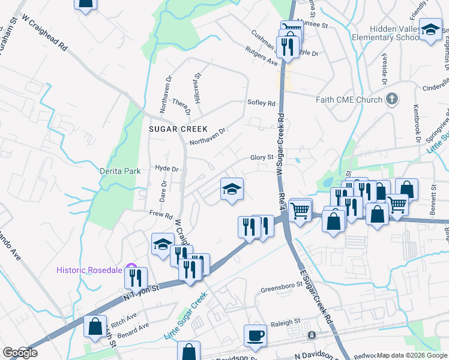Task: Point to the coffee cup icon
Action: pyautogui.click(x=255, y=337)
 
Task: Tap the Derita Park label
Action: pyautogui.click(x=120, y=171)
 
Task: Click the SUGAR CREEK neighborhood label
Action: pyautogui.click(x=178, y=129)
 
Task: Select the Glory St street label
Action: pyautogui.click(x=262, y=157)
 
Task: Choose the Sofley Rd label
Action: pyautogui.click(x=261, y=103)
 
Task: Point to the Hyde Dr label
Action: pyautogui.click(x=167, y=169)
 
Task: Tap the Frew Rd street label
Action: pyautogui.click(x=161, y=214)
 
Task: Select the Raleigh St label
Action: pyautogui.click(x=285, y=322)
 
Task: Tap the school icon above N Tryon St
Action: pyautogui.click(x=162, y=245)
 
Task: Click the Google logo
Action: pyautogui.click(x=20, y=353)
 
